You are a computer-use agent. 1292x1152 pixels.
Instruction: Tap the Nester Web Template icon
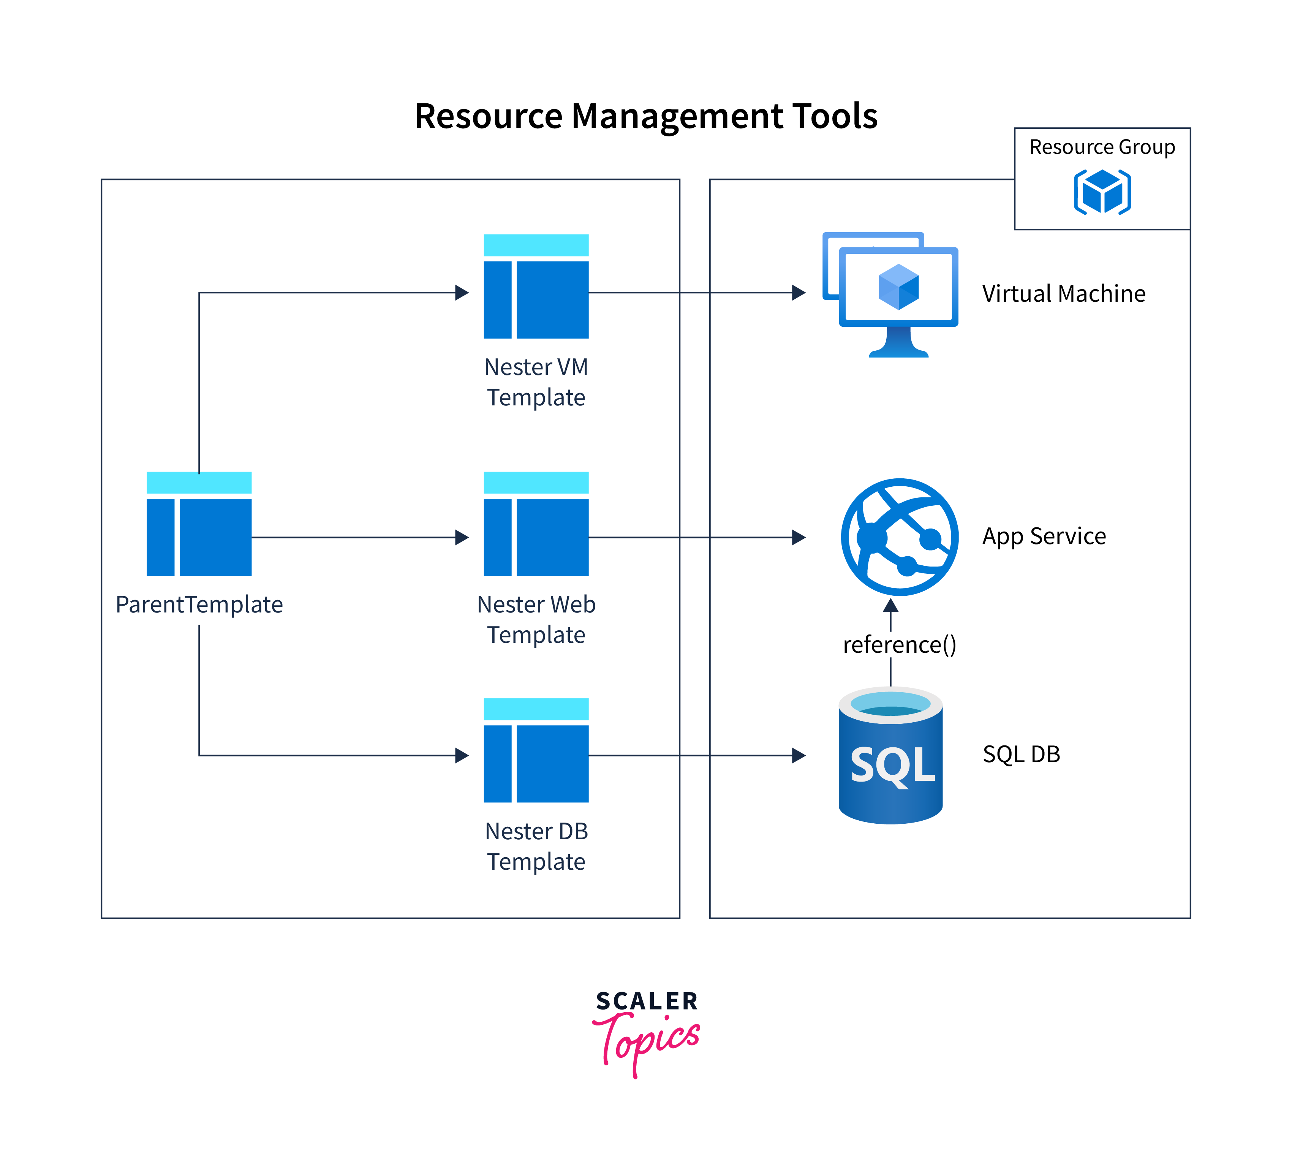[x=536, y=524]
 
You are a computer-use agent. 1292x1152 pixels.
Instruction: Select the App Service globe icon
[x=899, y=537]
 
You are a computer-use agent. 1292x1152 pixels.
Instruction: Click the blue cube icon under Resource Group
[x=1102, y=191]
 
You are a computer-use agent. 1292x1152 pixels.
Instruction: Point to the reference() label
[x=899, y=644]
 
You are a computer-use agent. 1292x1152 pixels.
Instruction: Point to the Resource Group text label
[x=1102, y=147]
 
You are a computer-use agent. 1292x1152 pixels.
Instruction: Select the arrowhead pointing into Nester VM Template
[x=462, y=293]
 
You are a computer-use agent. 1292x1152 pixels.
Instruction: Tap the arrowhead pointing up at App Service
[x=891, y=606]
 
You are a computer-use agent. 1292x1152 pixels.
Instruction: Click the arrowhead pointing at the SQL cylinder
[x=799, y=755]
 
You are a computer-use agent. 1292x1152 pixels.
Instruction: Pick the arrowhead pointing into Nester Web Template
[x=462, y=537]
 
